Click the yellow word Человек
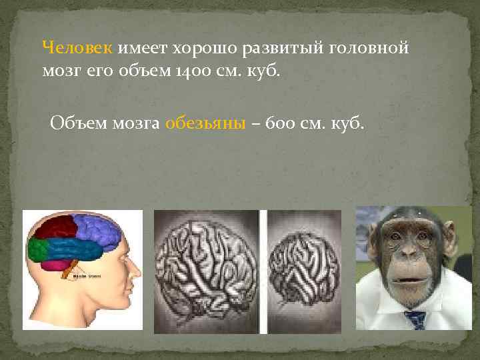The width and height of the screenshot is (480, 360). coord(78,48)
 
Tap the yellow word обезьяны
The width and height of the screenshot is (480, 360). coord(206,123)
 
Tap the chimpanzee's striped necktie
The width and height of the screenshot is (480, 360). coord(416,319)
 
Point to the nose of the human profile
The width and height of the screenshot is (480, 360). coord(138,270)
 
